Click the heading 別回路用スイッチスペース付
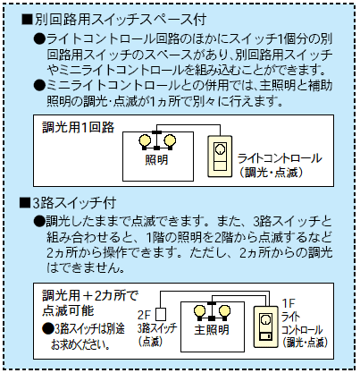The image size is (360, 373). click(120, 20)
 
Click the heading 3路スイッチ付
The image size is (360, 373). click(73, 203)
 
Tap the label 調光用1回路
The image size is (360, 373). click(79, 127)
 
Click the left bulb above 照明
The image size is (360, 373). click(145, 141)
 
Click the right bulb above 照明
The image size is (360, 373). click(170, 141)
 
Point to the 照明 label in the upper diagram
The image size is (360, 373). click(156, 160)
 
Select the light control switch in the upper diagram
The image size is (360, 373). click(220, 157)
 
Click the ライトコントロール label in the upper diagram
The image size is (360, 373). click(280, 158)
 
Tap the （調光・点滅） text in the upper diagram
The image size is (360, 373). click(271, 173)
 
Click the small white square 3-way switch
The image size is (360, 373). click(161, 314)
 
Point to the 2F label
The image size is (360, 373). click(145, 315)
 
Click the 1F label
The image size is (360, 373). click(289, 303)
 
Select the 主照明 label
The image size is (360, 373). click(212, 330)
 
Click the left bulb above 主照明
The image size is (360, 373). click(199, 311)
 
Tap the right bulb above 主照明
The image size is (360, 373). click(224, 311)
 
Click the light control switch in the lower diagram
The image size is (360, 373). click(265, 326)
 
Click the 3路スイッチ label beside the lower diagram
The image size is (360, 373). click(157, 328)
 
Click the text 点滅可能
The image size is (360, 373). click(68, 310)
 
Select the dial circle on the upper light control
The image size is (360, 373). click(220, 148)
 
